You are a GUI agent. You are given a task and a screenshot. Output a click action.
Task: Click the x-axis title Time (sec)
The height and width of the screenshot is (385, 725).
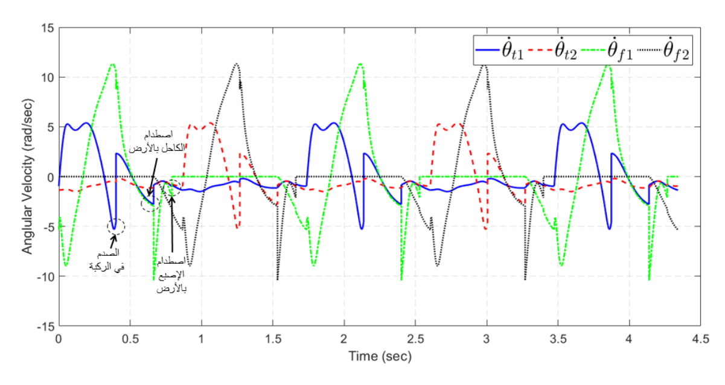point(380,357)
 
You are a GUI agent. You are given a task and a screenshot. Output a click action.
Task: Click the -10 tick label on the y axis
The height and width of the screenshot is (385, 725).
point(46,276)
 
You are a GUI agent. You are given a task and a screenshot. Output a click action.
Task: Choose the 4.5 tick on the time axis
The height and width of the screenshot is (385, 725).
point(700,340)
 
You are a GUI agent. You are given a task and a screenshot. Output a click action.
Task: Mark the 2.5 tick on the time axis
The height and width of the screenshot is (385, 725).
point(415,340)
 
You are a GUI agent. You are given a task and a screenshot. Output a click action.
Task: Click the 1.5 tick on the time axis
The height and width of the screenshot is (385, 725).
point(272,340)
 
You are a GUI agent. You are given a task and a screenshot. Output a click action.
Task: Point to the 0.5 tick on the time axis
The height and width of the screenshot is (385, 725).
point(130,340)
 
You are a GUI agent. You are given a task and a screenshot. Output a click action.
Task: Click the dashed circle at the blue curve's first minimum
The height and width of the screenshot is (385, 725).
point(116,226)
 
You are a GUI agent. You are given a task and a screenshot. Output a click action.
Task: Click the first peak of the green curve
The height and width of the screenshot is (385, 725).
point(112,64)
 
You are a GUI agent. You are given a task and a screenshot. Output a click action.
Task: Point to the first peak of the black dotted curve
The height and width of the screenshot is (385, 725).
point(237,63)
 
